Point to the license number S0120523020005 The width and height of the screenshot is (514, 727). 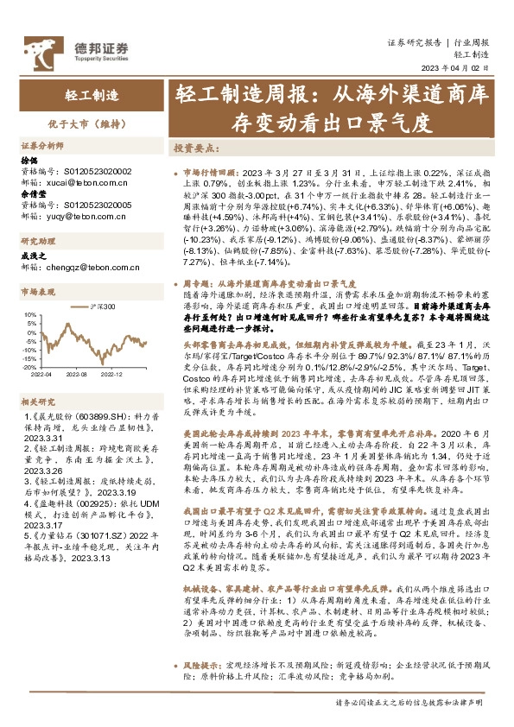coord(98,204)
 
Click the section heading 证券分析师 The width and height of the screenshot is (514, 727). coord(41,145)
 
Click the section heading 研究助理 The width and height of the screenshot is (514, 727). coord(37,241)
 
